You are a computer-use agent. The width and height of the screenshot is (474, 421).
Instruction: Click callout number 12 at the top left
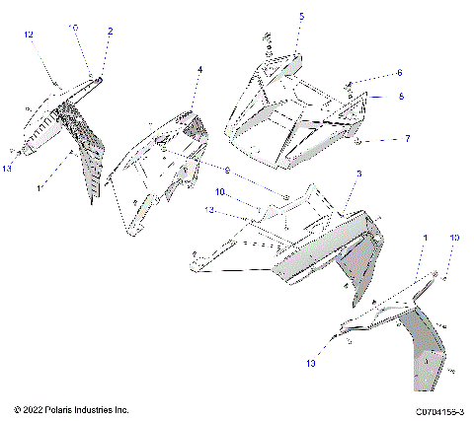point(30,35)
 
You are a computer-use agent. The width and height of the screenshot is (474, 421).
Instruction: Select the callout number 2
point(110,32)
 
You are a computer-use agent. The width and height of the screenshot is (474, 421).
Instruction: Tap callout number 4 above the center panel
point(200,70)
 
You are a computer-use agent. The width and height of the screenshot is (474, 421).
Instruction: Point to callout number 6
point(399,73)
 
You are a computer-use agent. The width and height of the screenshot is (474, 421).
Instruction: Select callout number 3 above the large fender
point(359,174)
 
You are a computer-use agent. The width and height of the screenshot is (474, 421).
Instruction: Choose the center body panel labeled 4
point(163,168)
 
